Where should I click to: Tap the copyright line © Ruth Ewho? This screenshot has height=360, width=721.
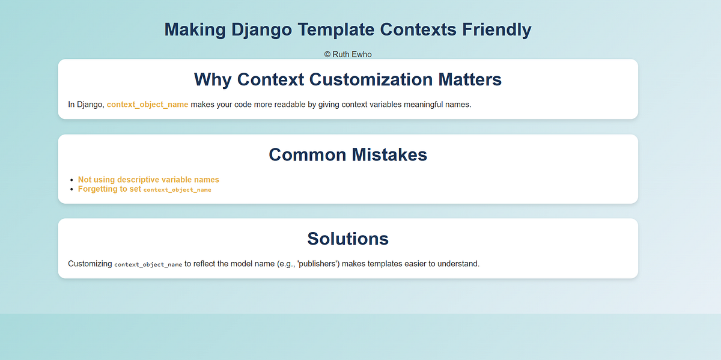(348, 54)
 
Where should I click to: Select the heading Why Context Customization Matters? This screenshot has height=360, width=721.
(348, 79)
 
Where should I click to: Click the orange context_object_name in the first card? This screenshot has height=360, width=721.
(147, 105)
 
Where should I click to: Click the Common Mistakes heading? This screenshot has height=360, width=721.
(348, 154)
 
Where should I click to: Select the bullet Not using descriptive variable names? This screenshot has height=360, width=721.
(148, 180)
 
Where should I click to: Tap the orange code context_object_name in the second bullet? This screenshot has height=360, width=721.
(177, 190)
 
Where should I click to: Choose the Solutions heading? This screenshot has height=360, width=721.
(348, 239)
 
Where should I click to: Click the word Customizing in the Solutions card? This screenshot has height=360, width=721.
(90, 264)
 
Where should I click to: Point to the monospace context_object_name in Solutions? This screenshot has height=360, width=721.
(148, 264)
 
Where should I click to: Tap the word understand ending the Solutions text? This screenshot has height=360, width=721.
(460, 264)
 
